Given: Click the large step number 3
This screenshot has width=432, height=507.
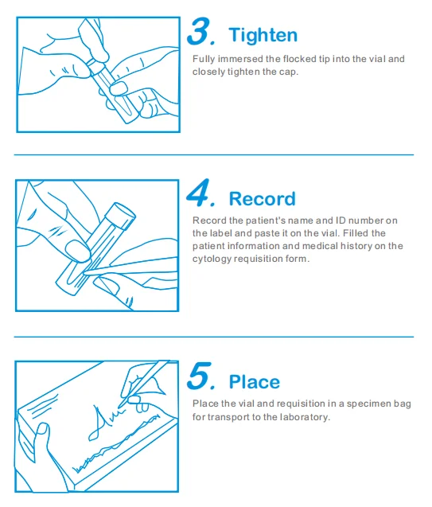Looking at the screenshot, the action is pyautogui.click(x=198, y=31).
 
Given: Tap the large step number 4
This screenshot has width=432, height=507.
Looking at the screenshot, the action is pyautogui.click(x=198, y=193).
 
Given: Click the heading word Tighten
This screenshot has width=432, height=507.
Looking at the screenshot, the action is pyautogui.click(x=263, y=35).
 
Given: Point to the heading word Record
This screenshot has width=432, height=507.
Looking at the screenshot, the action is pyautogui.click(x=262, y=198).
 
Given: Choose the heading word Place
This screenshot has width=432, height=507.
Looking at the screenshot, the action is pyautogui.click(x=255, y=382).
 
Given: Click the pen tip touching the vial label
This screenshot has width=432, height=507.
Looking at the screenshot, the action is pyautogui.click(x=84, y=273).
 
